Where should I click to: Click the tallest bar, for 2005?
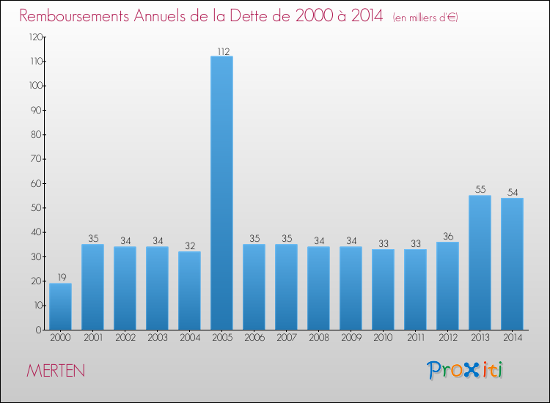point(221,193)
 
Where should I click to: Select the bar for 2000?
point(60,306)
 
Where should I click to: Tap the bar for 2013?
point(480,262)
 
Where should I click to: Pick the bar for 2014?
point(512,264)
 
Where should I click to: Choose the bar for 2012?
point(447,286)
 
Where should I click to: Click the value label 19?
point(60,278)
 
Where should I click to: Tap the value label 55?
point(480,190)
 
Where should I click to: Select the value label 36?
point(447,237)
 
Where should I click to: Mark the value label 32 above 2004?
point(189,246)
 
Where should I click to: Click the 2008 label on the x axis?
point(318,339)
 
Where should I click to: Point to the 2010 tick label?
point(383,339)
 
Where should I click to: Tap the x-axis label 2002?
point(125,339)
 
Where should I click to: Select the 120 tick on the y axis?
point(33,37)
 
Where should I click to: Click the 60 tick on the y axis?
point(35,183)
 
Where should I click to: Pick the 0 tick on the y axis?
point(37,330)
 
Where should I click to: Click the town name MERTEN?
point(56,371)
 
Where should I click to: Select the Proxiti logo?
point(466,370)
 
